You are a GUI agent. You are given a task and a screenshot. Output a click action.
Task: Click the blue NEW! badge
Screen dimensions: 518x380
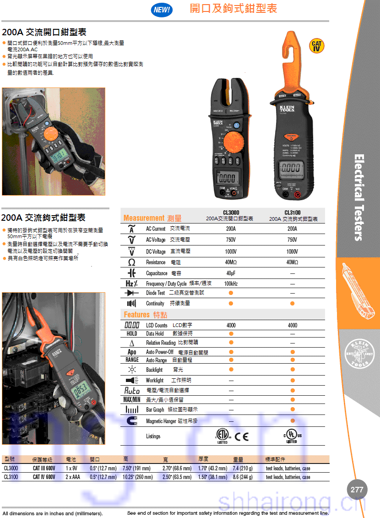(x=162, y=10)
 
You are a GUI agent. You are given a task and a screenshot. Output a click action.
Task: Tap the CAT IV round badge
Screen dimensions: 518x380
(x=316, y=46)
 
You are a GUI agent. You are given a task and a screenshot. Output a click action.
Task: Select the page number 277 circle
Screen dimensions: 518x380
(x=357, y=490)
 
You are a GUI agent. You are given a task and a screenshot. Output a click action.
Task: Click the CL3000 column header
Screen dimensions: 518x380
(x=231, y=213)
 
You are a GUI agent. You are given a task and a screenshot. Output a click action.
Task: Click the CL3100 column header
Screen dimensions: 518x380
(x=292, y=213)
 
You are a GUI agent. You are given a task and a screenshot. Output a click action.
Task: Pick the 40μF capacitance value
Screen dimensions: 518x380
(x=231, y=273)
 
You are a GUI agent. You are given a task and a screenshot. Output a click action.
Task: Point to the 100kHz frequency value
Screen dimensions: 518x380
(x=231, y=284)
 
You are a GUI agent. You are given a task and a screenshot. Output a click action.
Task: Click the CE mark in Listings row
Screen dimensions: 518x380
(x=242, y=436)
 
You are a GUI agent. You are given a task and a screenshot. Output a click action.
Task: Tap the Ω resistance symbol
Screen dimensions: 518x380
(x=132, y=262)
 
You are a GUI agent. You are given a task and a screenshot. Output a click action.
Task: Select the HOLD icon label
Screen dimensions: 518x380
(x=132, y=334)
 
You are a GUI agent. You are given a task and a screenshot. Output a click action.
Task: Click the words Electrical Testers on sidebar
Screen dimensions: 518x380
(x=359, y=197)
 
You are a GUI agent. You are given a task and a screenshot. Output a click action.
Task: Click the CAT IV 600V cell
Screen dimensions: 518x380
(x=44, y=477)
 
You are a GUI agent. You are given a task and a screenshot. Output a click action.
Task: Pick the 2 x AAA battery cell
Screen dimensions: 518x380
(x=73, y=477)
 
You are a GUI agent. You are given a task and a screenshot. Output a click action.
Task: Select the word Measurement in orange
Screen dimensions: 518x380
(x=144, y=218)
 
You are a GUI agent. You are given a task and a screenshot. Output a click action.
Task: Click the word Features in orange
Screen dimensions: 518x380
(x=136, y=315)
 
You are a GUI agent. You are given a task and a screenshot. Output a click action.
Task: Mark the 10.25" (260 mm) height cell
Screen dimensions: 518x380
(x=137, y=477)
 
